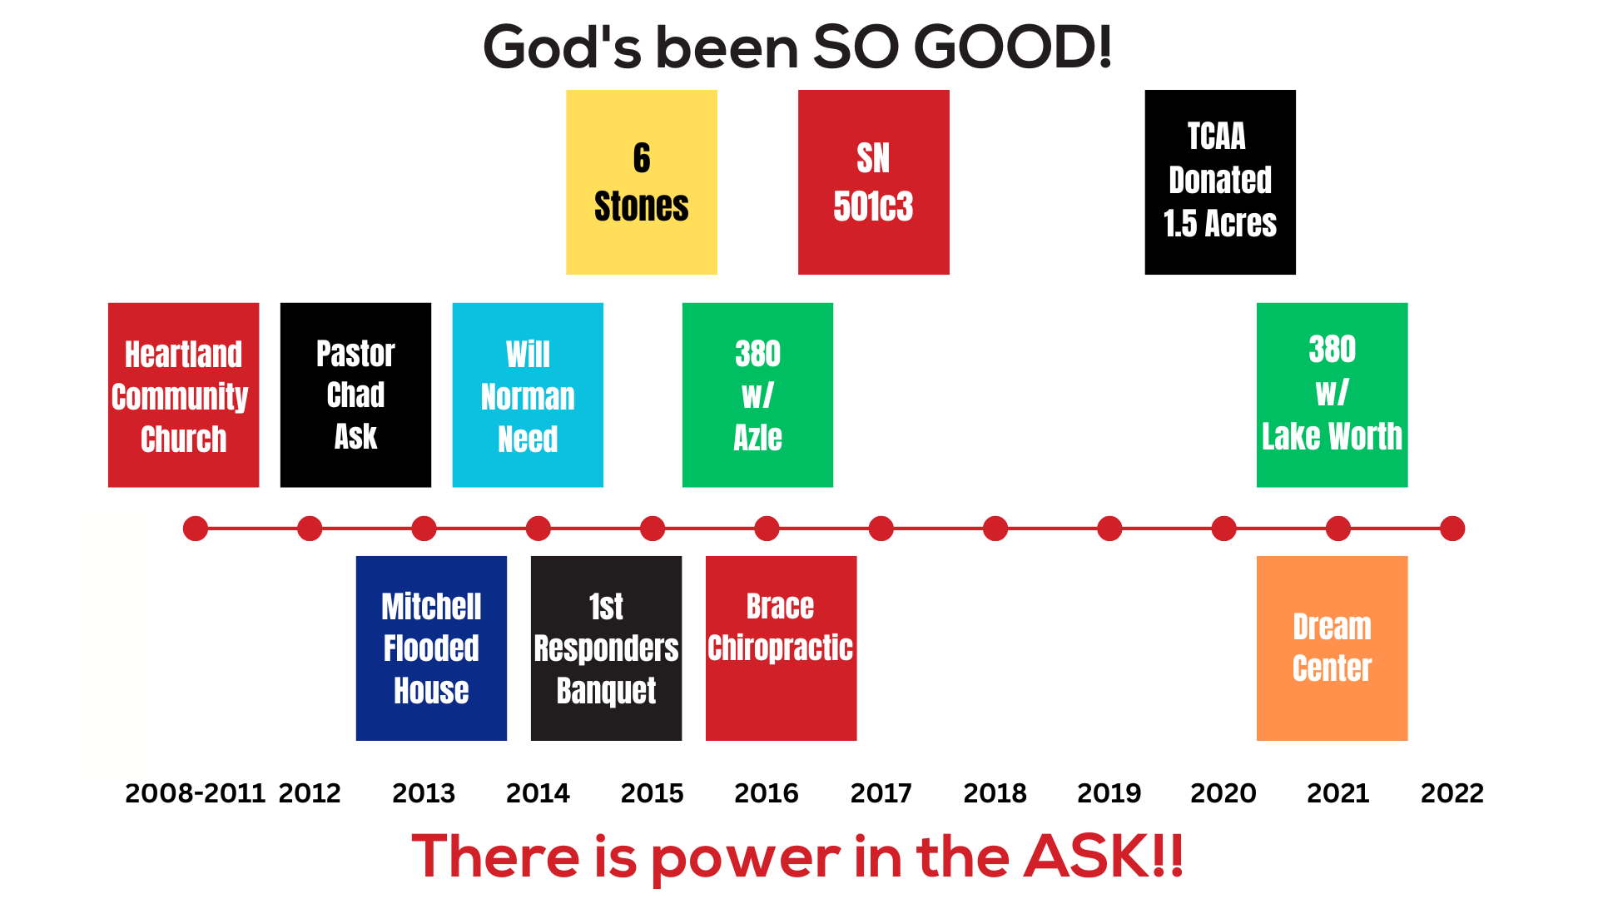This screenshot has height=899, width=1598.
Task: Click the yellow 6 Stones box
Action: pyautogui.click(x=641, y=182)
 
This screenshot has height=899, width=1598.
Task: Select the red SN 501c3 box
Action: pyautogui.click(x=873, y=182)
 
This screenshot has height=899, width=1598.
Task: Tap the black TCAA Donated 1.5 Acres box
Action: pyautogui.click(x=1219, y=182)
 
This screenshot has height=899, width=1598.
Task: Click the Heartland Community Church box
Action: pyautogui.click(x=183, y=395)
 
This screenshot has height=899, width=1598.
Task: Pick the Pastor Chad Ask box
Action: pyautogui.click(x=355, y=395)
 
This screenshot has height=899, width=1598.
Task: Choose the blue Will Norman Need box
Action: pyautogui.click(x=528, y=395)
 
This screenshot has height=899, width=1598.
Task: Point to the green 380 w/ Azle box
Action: pyautogui.click(x=757, y=395)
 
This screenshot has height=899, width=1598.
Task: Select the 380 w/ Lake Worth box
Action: pyautogui.click(x=1332, y=395)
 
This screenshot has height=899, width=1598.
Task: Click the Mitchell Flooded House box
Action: pyautogui.click(x=431, y=648)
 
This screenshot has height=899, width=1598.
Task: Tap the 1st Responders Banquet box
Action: pyautogui.click(x=606, y=648)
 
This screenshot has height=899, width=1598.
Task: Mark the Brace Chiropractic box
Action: pyautogui.click(x=781, y=648)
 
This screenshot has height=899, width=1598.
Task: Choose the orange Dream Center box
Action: pyautogui.click(x=1332, y=648)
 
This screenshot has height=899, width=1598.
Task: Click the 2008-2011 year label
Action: pyautogui.click(x=195, y=793)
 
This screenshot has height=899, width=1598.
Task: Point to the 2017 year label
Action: pyautogui.click(x=881, y=793)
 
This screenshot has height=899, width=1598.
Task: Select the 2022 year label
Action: pyautogui.click(x=1452, y=793)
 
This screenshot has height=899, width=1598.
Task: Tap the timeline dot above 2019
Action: pyautogui.click(x=1109, y=529)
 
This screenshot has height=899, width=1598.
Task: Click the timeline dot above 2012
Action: pyautogui.click(x=310, y=529)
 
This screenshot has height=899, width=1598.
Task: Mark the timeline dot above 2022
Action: pyautogui.click(x=1452, y=529)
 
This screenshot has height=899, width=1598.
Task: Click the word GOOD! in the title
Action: pyautogui.click(x=1013, y=47)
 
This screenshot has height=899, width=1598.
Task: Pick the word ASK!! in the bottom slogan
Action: pyautogui.click(x=1103, y=857)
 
